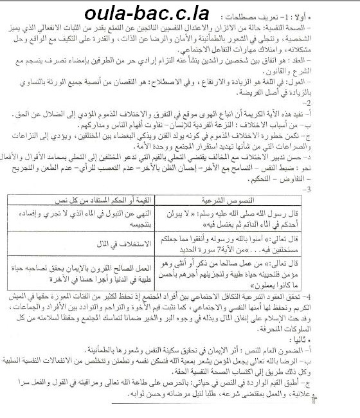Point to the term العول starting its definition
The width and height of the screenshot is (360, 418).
pos(339,103)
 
